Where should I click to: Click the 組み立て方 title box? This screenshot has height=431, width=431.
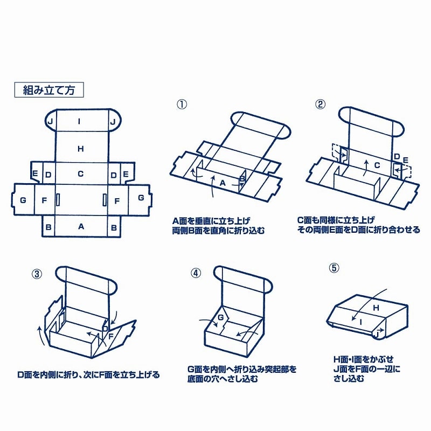(x=48, y=90)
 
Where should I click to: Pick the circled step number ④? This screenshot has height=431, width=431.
(x=196, y=273)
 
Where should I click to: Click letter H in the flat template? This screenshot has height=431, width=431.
(x=81, y=149)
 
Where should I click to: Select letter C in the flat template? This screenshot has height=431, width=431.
(x=80, y=174)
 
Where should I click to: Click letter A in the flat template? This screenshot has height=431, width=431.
(x=81, y=227)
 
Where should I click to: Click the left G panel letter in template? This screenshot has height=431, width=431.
(x=23, y=200)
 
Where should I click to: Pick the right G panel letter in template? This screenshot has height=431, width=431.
(x=141, y=198)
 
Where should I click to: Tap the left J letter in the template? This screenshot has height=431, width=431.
(x=50, y=122)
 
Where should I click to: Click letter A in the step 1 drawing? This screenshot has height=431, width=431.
(x=223, y=183)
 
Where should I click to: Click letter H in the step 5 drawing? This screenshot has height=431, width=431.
(x=377, y=307)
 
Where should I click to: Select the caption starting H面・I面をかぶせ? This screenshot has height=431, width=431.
(x=367, y=369)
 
